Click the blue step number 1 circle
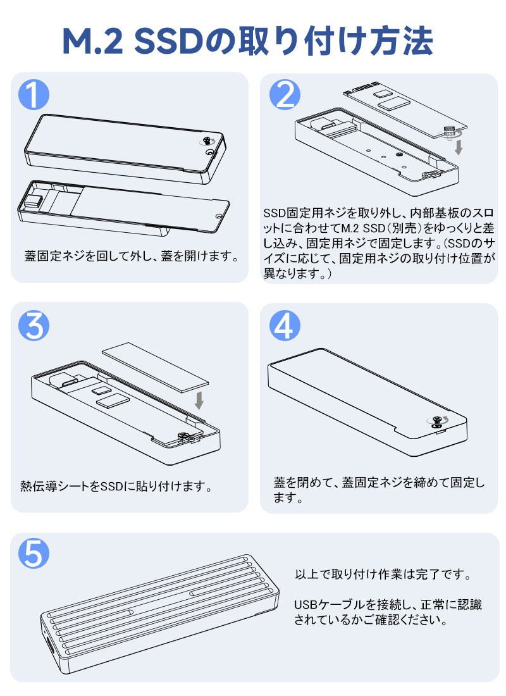click(x=34, y=94)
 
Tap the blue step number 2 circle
click(x=285, y=94)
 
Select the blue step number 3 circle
click(x=34, y=325)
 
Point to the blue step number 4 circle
click(x=285, y=325)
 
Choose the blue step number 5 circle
click(x=34, y=554)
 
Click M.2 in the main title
click(x=92, y=41)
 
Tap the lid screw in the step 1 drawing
click(x=207, y=141)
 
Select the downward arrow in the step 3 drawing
click(x=199, y=401)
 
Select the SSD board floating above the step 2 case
click(x=405, y=109)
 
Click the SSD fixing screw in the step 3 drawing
click(x=182, y=436)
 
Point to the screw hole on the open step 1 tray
click(x=218, y=216)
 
